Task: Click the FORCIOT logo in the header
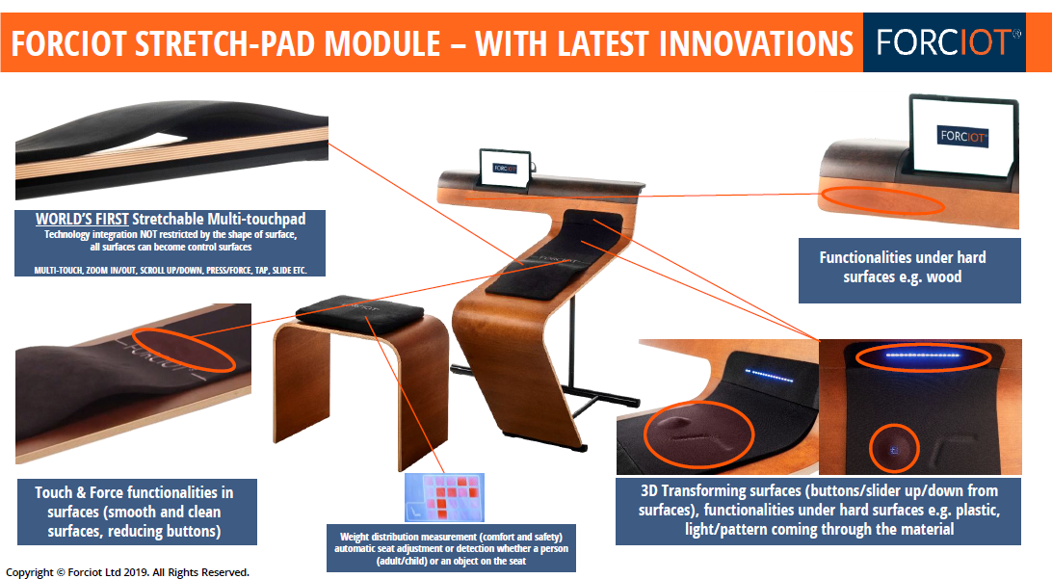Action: click(x=944, y=42)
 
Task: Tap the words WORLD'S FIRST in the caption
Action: click(x=82, y=219)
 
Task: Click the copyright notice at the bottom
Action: click(x=127, y=572)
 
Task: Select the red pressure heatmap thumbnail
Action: click(x=444, y=498)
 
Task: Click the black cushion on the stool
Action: click(x=360, y=308)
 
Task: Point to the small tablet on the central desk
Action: click(x=505, y=168)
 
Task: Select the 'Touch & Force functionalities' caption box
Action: click(x=137, y=512)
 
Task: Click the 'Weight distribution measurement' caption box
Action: click(x=451, y=548)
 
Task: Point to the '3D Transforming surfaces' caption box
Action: click(x=819, y=511)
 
